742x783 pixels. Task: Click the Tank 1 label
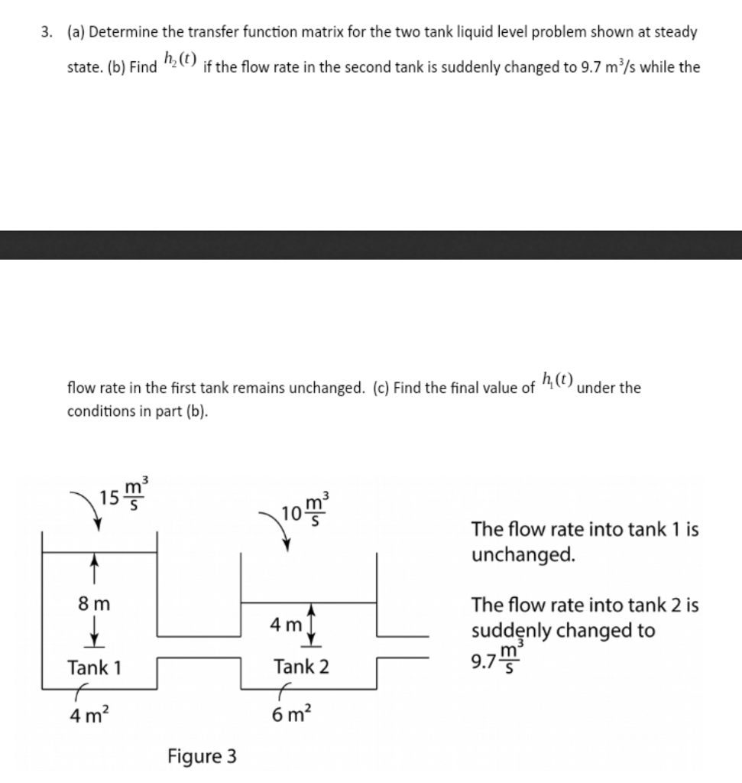95,667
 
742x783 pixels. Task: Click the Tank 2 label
302,667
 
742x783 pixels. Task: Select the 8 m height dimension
95,603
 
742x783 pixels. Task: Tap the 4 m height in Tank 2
286,624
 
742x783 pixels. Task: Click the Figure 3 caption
202,757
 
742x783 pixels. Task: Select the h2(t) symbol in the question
180,61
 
